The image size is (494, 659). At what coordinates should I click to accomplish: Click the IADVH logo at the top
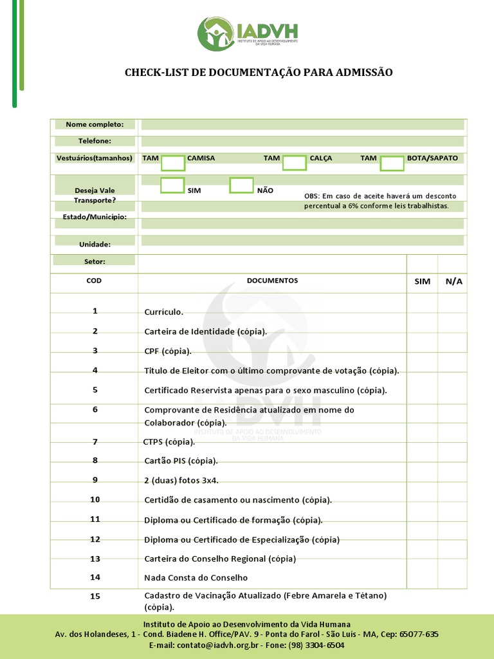coord(248,34)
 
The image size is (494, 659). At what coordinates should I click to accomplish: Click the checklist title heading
coord(259,73)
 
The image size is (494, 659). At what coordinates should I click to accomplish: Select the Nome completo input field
coord(302,124)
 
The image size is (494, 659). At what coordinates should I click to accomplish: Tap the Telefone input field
coord(302,141)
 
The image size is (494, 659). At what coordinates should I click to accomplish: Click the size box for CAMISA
coord(173,163)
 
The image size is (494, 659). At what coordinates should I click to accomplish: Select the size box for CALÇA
coord(295,163)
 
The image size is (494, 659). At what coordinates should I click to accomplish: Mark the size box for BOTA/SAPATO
coord(392,163)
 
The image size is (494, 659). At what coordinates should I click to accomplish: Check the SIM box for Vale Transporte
coord(172,185)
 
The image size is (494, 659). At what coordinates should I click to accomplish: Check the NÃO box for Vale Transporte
coord(241,185)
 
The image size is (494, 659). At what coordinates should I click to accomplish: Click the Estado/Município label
coord(95,217)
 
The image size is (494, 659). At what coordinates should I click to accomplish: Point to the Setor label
coord(95,261)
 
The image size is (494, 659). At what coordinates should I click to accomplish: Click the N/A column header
coord(453,282)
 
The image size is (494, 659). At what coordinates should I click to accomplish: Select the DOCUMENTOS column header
coord(272,281)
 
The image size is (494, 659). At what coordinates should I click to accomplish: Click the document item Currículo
coord(164,312)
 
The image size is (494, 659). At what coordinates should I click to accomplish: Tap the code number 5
coord(95,390)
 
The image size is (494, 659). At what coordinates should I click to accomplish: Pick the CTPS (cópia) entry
coord(169,442)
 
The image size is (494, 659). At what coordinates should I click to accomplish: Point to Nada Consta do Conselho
coord(196,578)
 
